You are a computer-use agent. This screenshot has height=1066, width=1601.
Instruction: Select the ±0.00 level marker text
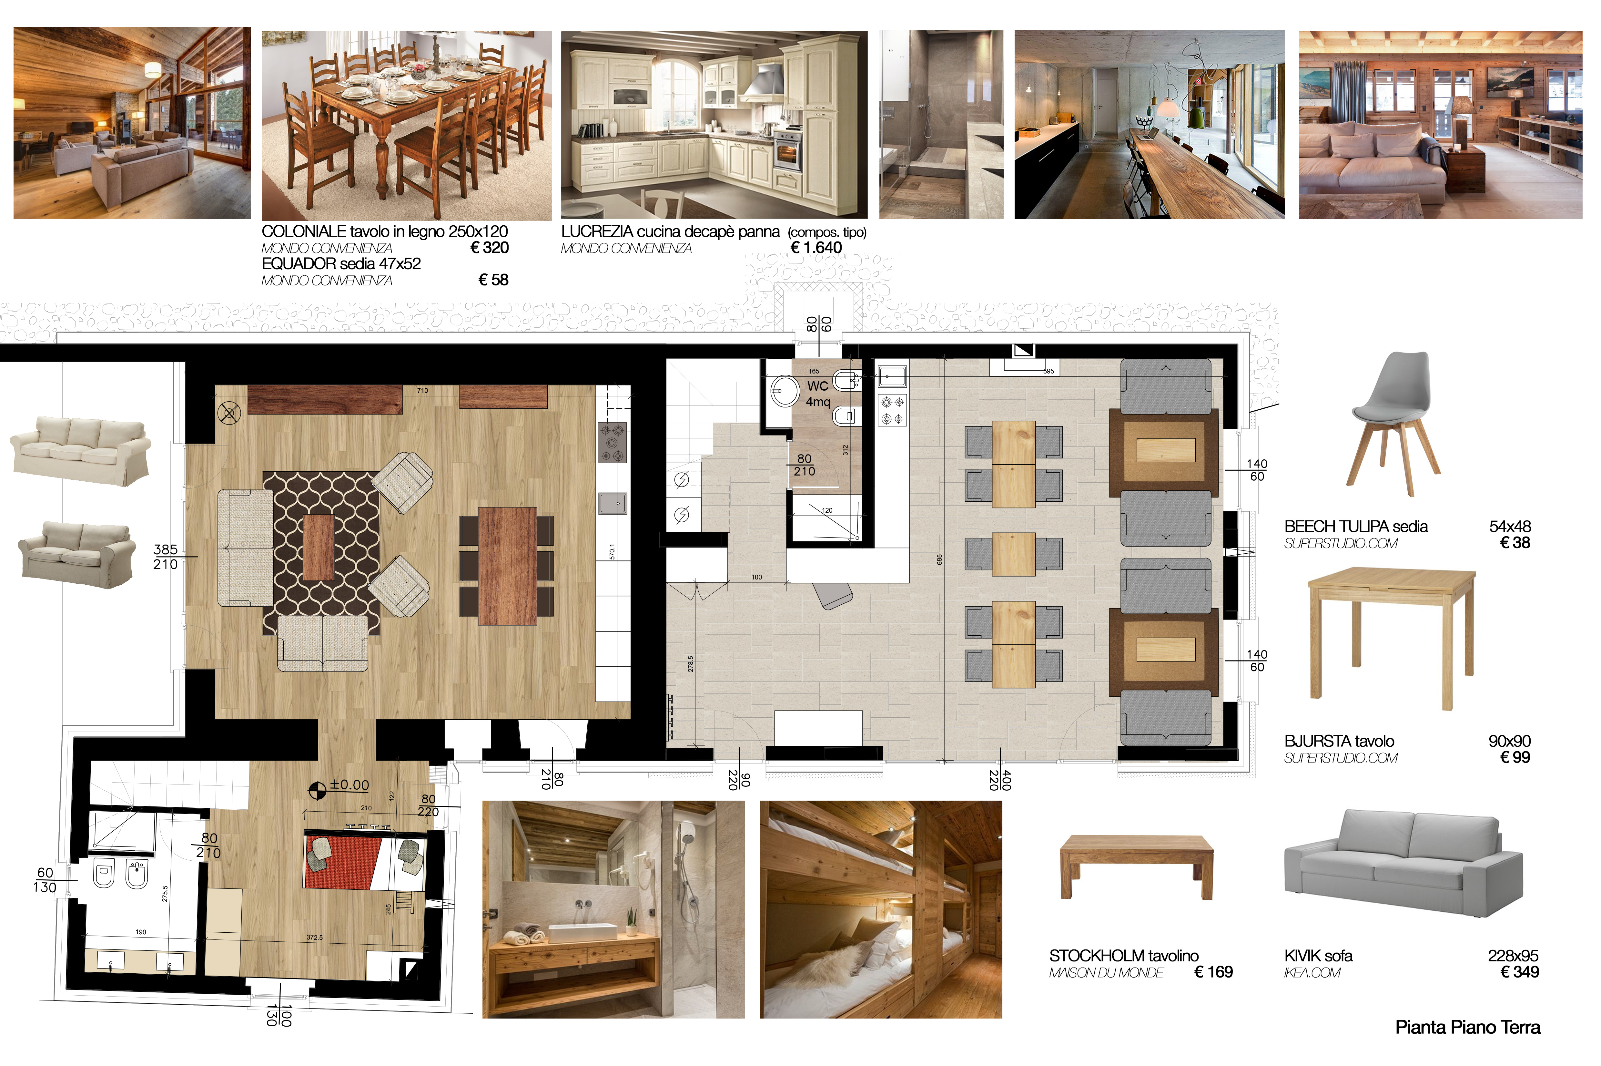click(349, 785)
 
